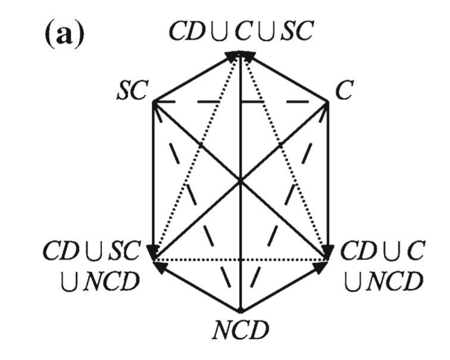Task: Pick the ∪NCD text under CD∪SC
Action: (x=98, y=278)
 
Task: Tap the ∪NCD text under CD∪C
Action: (x=381, y=278)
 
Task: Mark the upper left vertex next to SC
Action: (x=154, y=102)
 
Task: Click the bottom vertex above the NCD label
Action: (x=240, y=311)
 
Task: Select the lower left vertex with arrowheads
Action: (x=154, y=260)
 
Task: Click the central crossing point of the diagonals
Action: (x=240, y=181)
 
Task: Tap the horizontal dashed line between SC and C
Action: (x=196, y=102)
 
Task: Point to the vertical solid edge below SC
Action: (x=154, y=179)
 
